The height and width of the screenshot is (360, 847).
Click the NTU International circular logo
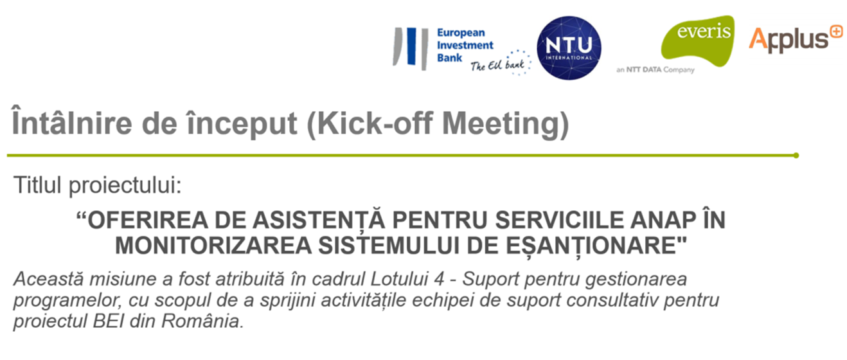569,48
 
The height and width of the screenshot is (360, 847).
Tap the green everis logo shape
698,41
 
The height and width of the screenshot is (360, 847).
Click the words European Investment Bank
465,45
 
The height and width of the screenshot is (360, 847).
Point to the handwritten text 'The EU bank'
497,65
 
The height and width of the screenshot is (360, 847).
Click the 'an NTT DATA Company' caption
655,69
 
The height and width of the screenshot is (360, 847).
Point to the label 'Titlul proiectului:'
98,185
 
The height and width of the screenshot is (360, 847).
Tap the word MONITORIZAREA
213,246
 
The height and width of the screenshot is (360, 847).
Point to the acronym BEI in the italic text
109,321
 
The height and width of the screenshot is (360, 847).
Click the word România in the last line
202,321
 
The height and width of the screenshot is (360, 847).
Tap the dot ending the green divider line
796,156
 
